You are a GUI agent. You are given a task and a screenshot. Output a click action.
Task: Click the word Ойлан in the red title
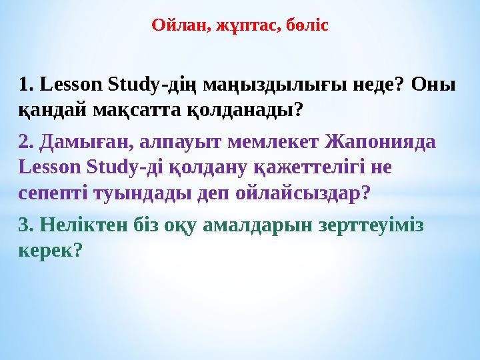pos(176,26)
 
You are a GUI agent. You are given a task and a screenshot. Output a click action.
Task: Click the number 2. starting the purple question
pos(27,142)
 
